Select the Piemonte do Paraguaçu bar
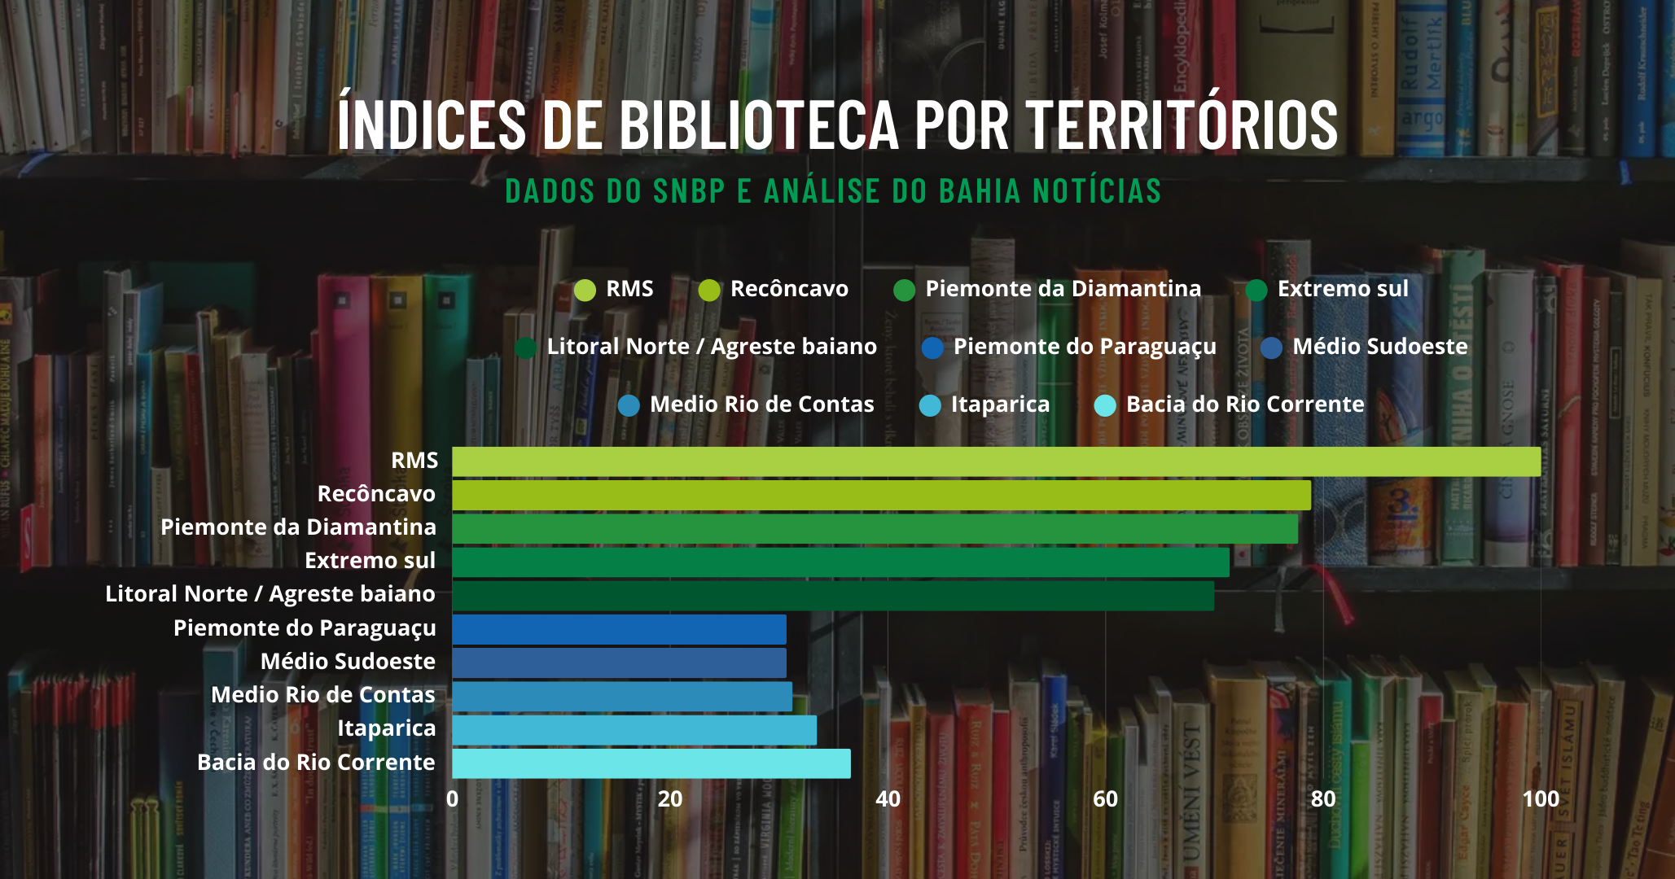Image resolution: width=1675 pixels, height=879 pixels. coord(619,629)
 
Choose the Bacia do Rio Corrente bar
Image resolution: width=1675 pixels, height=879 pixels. coord(651,763)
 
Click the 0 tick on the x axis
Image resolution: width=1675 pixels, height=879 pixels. coord(453,799)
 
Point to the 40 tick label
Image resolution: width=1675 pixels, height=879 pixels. coord(888,799)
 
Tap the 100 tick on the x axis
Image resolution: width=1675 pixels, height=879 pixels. coord(1540,799)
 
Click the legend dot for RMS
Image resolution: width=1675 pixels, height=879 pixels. coord(585,291)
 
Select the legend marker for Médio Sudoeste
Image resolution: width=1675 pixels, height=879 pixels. coord(1271,348)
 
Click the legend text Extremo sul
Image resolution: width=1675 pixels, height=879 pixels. coord(1343,289)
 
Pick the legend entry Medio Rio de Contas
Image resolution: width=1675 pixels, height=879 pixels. coord(761,405)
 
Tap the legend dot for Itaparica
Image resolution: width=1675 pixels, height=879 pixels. coord(930,405)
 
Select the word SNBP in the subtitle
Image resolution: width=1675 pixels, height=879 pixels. coord(688,192)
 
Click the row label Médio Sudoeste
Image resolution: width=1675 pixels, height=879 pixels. coord(348,662)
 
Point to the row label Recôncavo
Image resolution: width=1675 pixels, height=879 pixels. coord(376,494)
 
